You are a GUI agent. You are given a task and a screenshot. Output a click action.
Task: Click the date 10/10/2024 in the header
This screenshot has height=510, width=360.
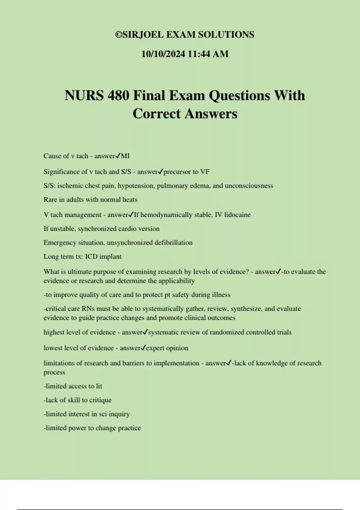click(x=163, y=54)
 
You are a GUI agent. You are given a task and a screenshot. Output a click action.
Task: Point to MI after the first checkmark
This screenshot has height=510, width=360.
click(x=125, y=156)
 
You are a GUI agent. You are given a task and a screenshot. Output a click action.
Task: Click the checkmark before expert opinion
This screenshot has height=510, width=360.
click(x=143, y=348)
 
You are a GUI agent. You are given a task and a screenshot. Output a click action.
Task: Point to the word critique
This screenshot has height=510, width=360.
click(x=100, y=400)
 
